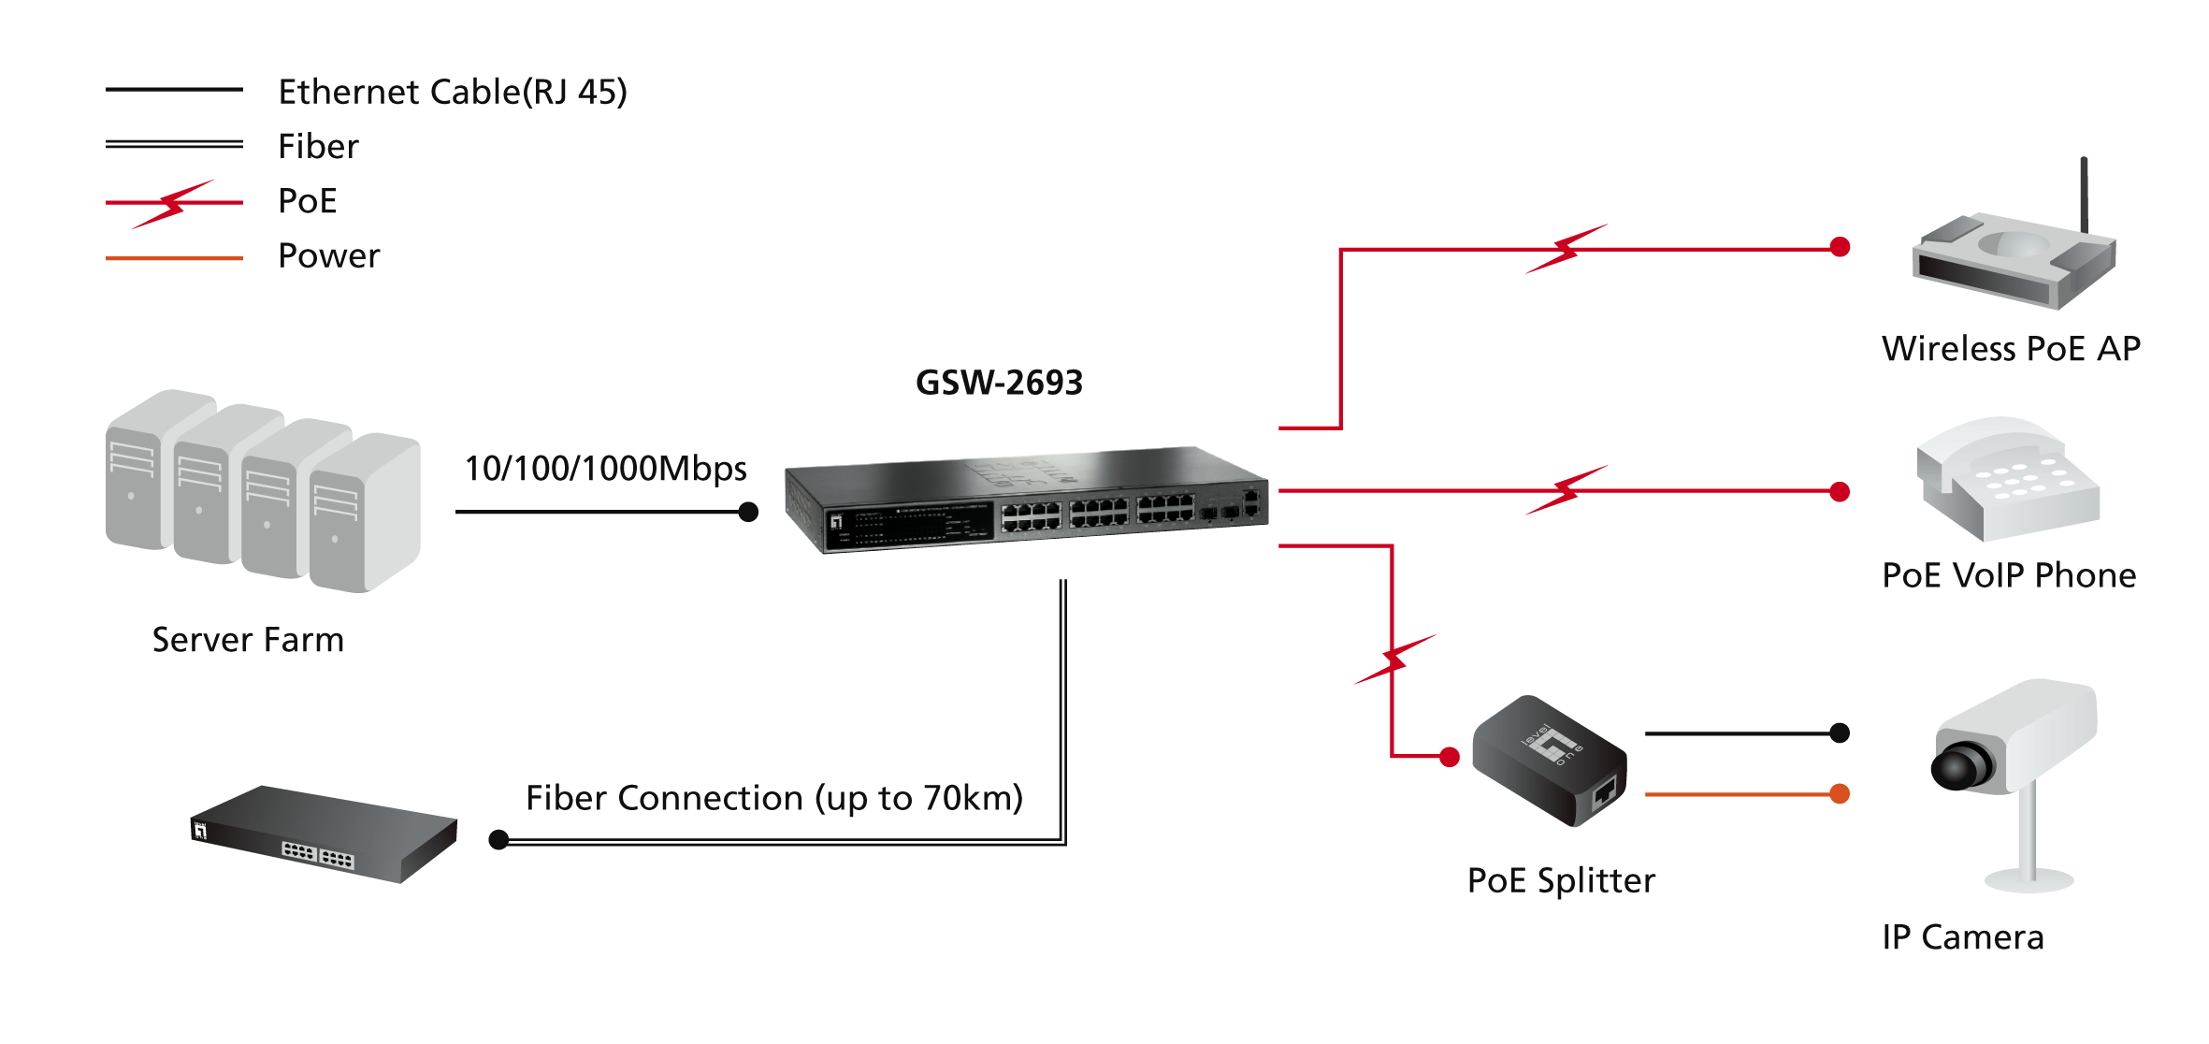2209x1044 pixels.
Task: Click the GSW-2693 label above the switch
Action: pyautogui.click(x=999, y=383)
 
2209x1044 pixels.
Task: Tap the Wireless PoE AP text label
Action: pyautogui.click(x=2011, y=349)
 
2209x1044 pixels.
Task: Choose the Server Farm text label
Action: pyautogui.click(x=248, y=640)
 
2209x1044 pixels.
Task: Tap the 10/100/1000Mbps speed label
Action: pyautogui.click(x=605, y=469)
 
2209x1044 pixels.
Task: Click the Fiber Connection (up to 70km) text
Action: pyautogui.click(x=774, y=798)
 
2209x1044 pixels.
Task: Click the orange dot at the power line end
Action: pyautogui.click(x=1840, y=794)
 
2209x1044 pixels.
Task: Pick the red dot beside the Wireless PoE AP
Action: pyautogui.click(x=1840, y=247)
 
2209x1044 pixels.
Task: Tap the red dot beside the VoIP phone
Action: pyautogui.click(x=1840, y=492)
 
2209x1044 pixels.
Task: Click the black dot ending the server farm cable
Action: pyautogui.click(x=748, y=512)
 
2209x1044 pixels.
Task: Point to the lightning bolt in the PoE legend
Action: pyautogui.click(x=174, y=203)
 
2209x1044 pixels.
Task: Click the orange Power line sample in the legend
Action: pyautogui.click(x=174, y=257)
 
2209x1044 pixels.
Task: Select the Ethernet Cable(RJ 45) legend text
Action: pyautogui.click(x=453, y=92)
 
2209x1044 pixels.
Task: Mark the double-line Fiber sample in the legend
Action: pyautogui.click(x=174, y=144)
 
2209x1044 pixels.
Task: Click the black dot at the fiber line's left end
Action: pyautogui.click(x=499, y=840)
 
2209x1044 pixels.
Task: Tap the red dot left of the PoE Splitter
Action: pyautogui.click(x=1450, y=757)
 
